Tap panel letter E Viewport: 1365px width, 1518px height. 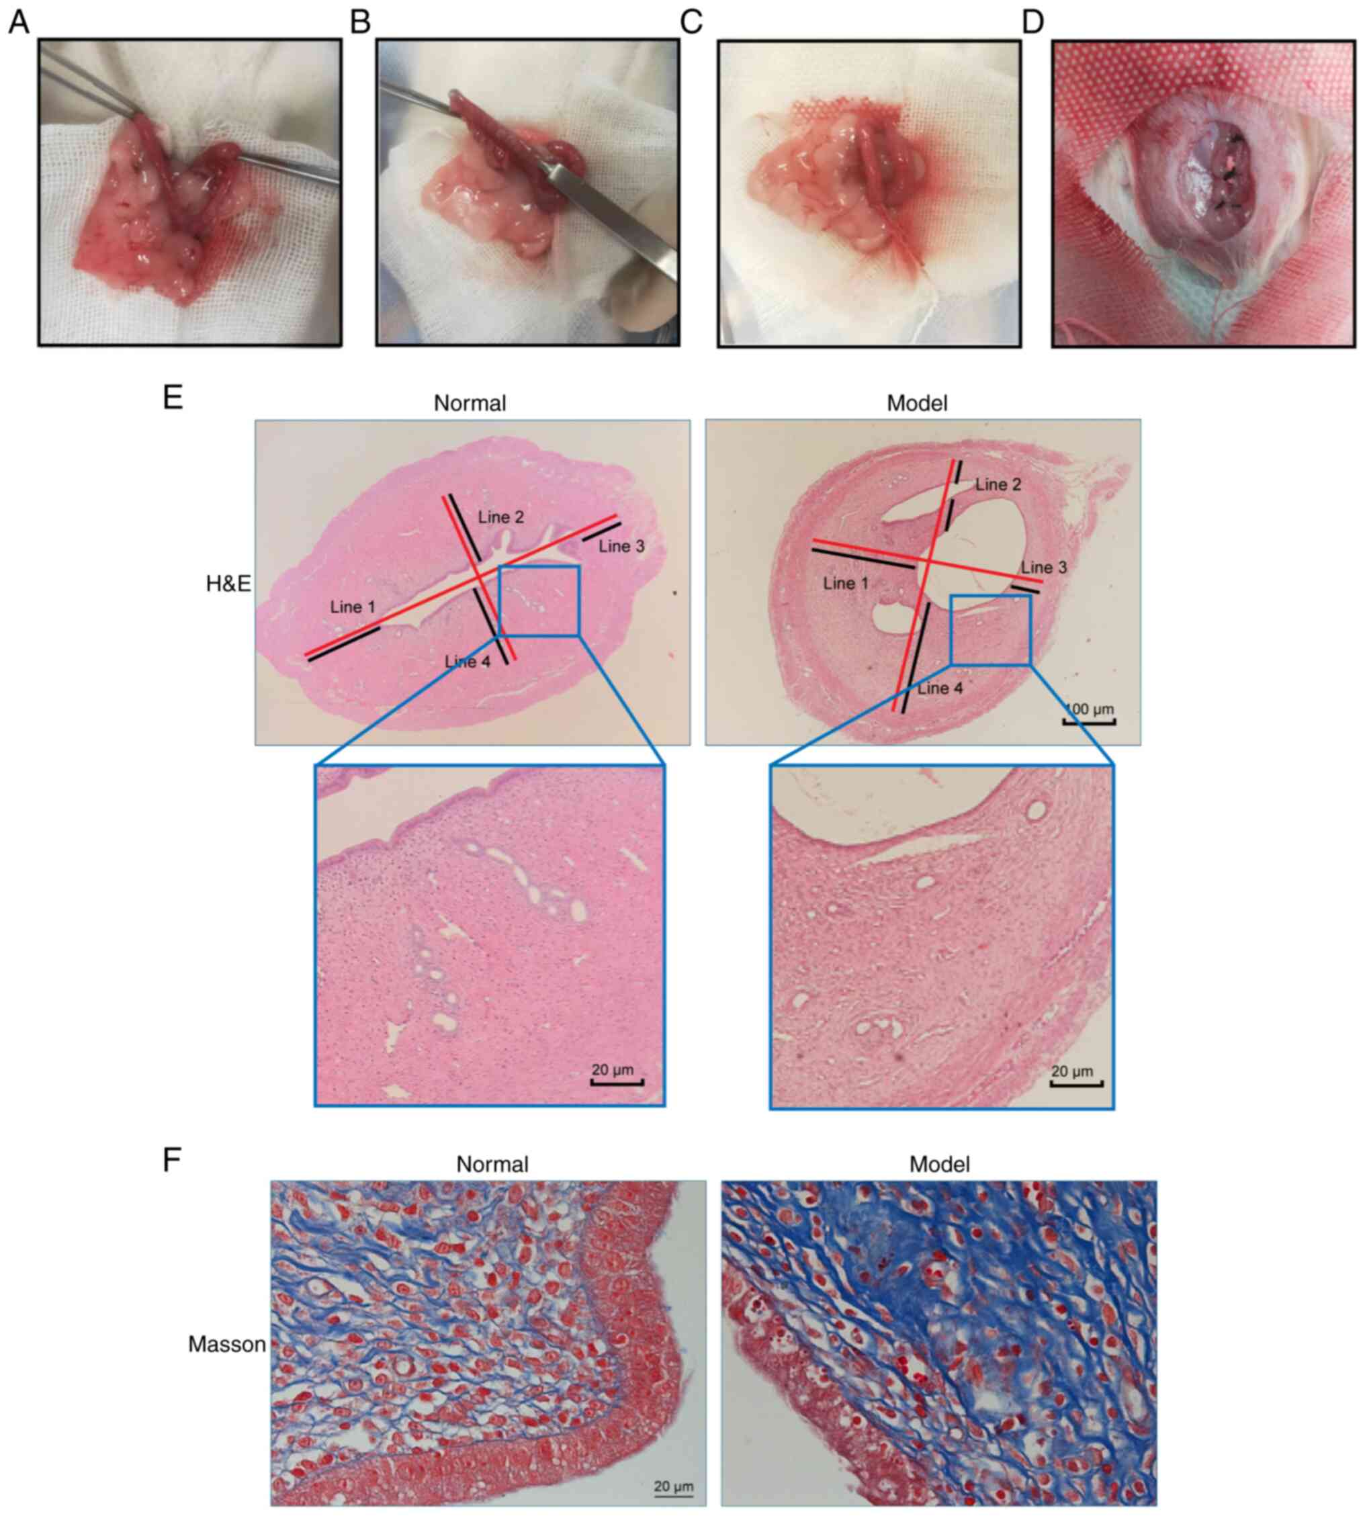tap(173, 397)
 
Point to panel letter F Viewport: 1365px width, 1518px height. tap(173, 1159)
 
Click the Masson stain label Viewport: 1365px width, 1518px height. tap(226, 1345)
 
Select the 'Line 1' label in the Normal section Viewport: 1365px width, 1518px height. tap(353, 607)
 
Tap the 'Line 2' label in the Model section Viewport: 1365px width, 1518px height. tap(998, 484)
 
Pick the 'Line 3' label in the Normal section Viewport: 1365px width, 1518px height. tap(621, 547)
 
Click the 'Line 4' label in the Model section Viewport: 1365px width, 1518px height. tap(940, 688)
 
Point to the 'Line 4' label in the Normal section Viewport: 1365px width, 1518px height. tap(468, 662)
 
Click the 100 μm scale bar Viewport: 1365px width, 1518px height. tap(1090, 721)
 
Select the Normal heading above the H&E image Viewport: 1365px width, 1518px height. tap(470, 404)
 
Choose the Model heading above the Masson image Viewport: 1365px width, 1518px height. tap(939, 1164)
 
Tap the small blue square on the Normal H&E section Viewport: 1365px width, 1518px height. tap(539, 600)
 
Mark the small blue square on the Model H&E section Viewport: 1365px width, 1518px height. tap(990, 630)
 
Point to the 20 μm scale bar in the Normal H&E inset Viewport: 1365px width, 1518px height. tap(617, 1081)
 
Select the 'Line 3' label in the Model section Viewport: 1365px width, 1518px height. tap(1043, 568)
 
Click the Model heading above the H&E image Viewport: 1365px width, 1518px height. tap(916, 404)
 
